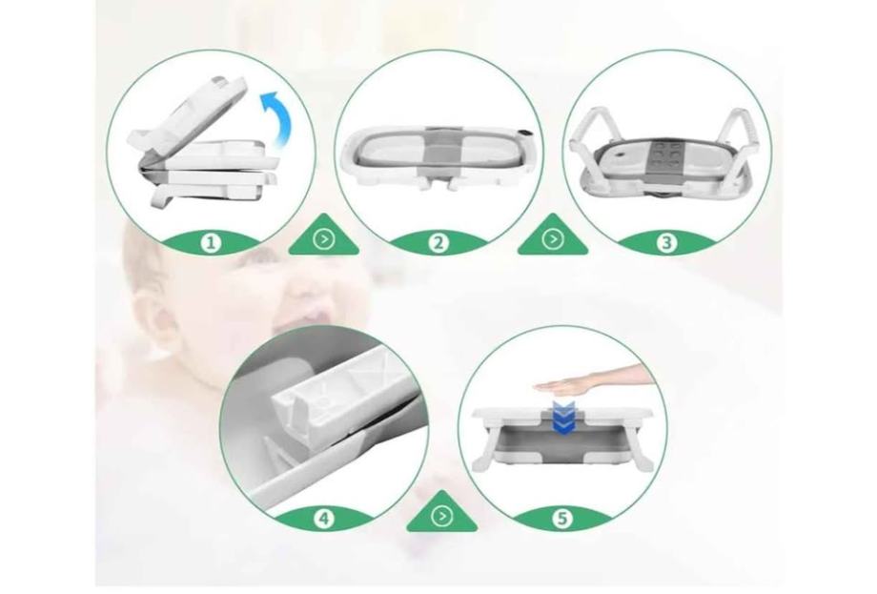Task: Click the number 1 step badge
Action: click(x=211, y=243)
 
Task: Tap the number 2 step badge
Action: click(x=438, y=243)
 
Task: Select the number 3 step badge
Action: click(x=666, y=243)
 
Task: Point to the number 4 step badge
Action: click(x=324, y=519)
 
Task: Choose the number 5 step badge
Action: click(x=562, y=519)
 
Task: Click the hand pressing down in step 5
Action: click(x=593, y=381)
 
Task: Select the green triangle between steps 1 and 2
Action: click(x=324, y=236)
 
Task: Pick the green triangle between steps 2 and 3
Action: click(x=553, y=236)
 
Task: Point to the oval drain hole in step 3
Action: click(x=620, y=151)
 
